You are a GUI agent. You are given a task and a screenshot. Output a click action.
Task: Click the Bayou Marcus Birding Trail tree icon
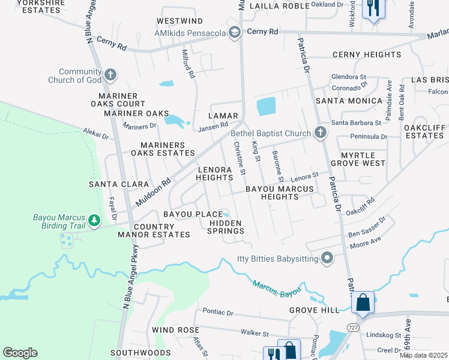pyautogui.click(x=94, y=221)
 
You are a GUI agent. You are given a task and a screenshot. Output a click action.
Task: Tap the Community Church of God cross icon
pyautogui.click(x=110, y=75)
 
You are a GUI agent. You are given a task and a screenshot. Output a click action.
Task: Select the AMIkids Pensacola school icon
pyautogui.click(x=235, y=32)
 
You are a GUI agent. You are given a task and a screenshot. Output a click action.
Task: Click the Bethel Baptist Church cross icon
pyautogui.click(x=321, y=133)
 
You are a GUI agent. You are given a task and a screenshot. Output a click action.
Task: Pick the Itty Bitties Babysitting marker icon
pyautogui.click(x=327, y=259)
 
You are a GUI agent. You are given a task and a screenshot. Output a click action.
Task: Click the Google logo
pyautogui.click(x=20, y=353)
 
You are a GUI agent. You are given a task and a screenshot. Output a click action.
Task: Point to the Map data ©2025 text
pyautogui.click(x=423, y=355)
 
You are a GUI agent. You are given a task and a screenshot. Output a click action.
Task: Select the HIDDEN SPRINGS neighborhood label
pyautogui.click(x=225, y=227)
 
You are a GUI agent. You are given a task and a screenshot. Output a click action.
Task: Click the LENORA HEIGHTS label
pyautogui.click(x=215, y=174)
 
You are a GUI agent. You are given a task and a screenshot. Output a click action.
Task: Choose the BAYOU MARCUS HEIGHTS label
pyautogui.click(x=280, y=193)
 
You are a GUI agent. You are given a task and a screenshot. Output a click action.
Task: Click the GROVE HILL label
pyautogui.click(x=314, y=310)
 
